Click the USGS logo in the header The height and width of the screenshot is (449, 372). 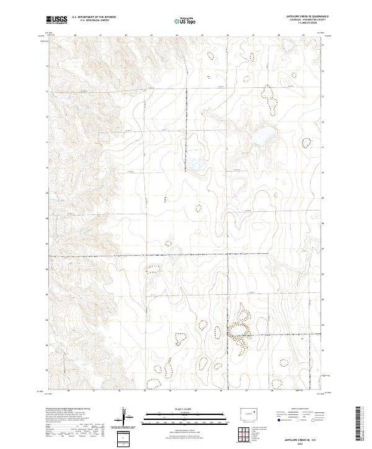point(56,20)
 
